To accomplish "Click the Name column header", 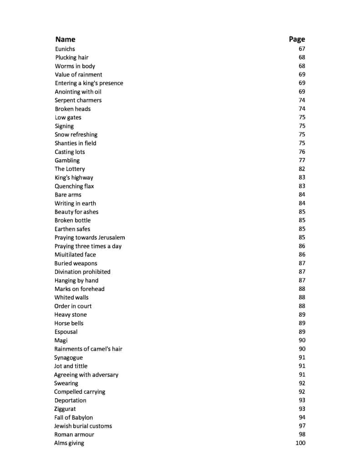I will click(x=65, y=39).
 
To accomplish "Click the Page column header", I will click(x=297, y=39).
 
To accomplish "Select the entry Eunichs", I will click(x=65, y=49).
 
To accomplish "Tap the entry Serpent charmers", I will click(x=78, y=100).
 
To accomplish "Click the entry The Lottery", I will click(x=70, y=169).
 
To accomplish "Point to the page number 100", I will click(x=300, y=443).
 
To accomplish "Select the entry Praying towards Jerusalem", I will click(x=90, y=238).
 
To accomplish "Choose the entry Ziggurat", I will click(x=65, y=409).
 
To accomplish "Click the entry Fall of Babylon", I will click(x=73, y=417).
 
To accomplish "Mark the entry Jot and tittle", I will click(x=71, y=366).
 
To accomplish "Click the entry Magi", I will click(x=61, y=340).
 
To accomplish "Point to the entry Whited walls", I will click(x=71, y=298).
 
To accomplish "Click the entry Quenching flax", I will click(x=74, y=186).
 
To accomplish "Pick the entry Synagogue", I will click(x=68, y=358).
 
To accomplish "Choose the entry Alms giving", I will click(x=69, y=443).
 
